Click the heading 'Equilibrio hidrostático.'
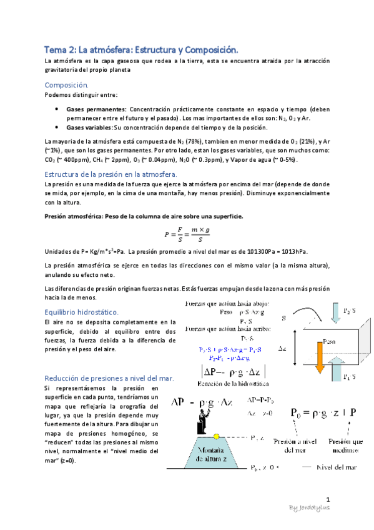click(x=82, y=311)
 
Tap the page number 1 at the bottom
click(x=328, y=498)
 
